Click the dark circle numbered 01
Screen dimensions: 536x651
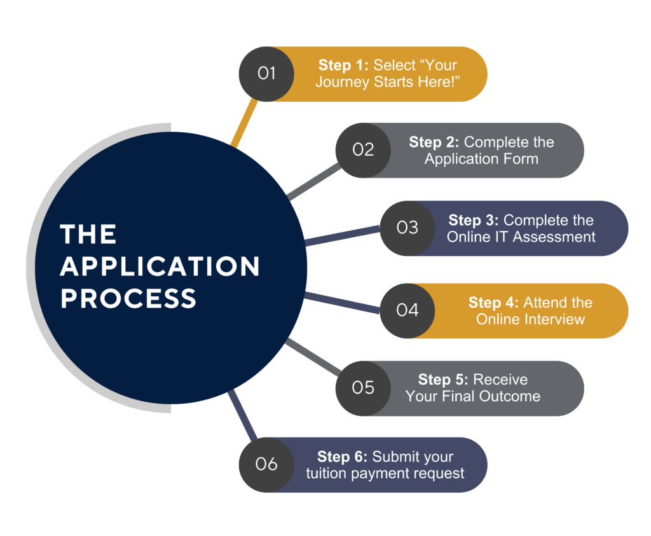click(x=266, y=74)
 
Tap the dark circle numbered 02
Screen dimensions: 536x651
click(x=363, y=150)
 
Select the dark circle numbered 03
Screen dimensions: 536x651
click(x=408, y=228)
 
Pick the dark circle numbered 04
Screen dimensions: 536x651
click(x=408, y=310)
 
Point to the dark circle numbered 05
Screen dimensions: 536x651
click(x=363, y=388)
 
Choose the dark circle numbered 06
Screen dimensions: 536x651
click(x=266, y=464)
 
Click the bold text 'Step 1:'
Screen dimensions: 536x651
click(x=343, y=65)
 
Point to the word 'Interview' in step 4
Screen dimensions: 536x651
click(x=554, y=319)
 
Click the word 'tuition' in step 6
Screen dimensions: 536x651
click(x=327, y=474)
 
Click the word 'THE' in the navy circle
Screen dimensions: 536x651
click(x=88, y=235)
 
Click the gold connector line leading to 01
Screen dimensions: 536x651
click(x=244, y=123)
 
